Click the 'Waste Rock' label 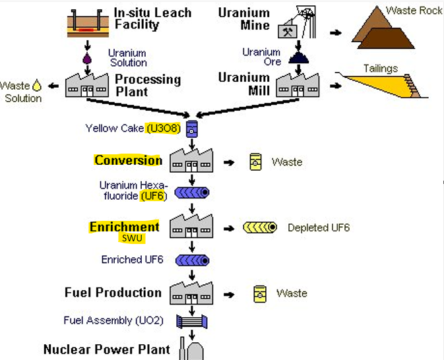(x=414, y=11)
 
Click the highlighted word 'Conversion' (x=128, y=160)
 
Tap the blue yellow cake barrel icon (x=191, y=127)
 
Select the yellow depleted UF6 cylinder (x=261, y=228)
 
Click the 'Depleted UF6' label (x=319, y=228)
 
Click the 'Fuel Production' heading (x=113, y=293)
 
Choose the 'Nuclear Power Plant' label (x=107, y=349)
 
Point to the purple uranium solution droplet (x=86, y=58)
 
